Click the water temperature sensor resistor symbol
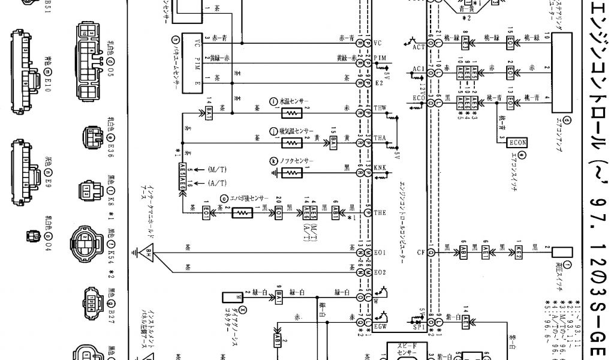(x=292, y=112)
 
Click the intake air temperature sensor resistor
(x=292, y=143)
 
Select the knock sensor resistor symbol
(x=292, y=172)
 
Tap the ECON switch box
(x=517, y=143)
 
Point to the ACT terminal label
(x=419, y=46)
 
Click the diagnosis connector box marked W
(x=231, y=296)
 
